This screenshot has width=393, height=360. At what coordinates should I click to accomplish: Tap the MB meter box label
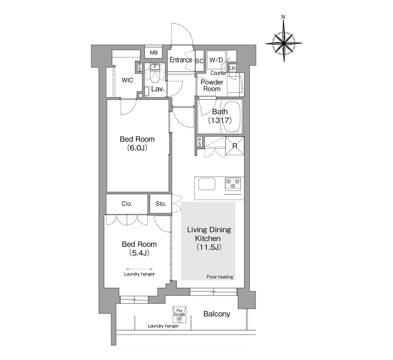tap(154, 53)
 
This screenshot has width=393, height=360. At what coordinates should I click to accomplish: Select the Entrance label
tap(181, 60)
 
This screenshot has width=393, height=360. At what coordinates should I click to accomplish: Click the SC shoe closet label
tap(199, 61)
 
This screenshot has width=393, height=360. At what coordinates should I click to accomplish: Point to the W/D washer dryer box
tap(216, 60)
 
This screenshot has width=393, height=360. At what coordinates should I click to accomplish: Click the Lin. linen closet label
tap(233, 68)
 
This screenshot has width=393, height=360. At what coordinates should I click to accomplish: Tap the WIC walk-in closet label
tap(127, 80)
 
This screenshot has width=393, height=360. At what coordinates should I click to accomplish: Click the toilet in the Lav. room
tap(155, 74)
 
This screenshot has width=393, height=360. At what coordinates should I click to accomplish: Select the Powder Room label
tap(212, 85)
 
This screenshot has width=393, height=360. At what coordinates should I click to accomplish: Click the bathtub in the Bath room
tap(232, 117)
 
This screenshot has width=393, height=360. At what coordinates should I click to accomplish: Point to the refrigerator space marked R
tap(235, 146)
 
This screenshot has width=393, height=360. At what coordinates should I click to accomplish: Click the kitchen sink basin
tap(207, 184)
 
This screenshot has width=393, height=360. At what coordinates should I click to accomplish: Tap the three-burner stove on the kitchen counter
tap(233, 183)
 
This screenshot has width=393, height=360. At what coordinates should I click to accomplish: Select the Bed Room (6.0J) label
tap(137, 143)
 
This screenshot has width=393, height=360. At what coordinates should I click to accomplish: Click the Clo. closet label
tap(127, 204)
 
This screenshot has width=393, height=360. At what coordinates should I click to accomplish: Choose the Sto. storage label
tap(160, 204)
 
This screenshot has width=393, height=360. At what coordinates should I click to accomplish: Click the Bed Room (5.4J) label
tap(139, 248)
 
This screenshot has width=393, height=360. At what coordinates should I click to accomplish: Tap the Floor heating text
tap(220, 277)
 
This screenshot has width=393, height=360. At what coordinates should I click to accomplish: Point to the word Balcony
tap(217, 314)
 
